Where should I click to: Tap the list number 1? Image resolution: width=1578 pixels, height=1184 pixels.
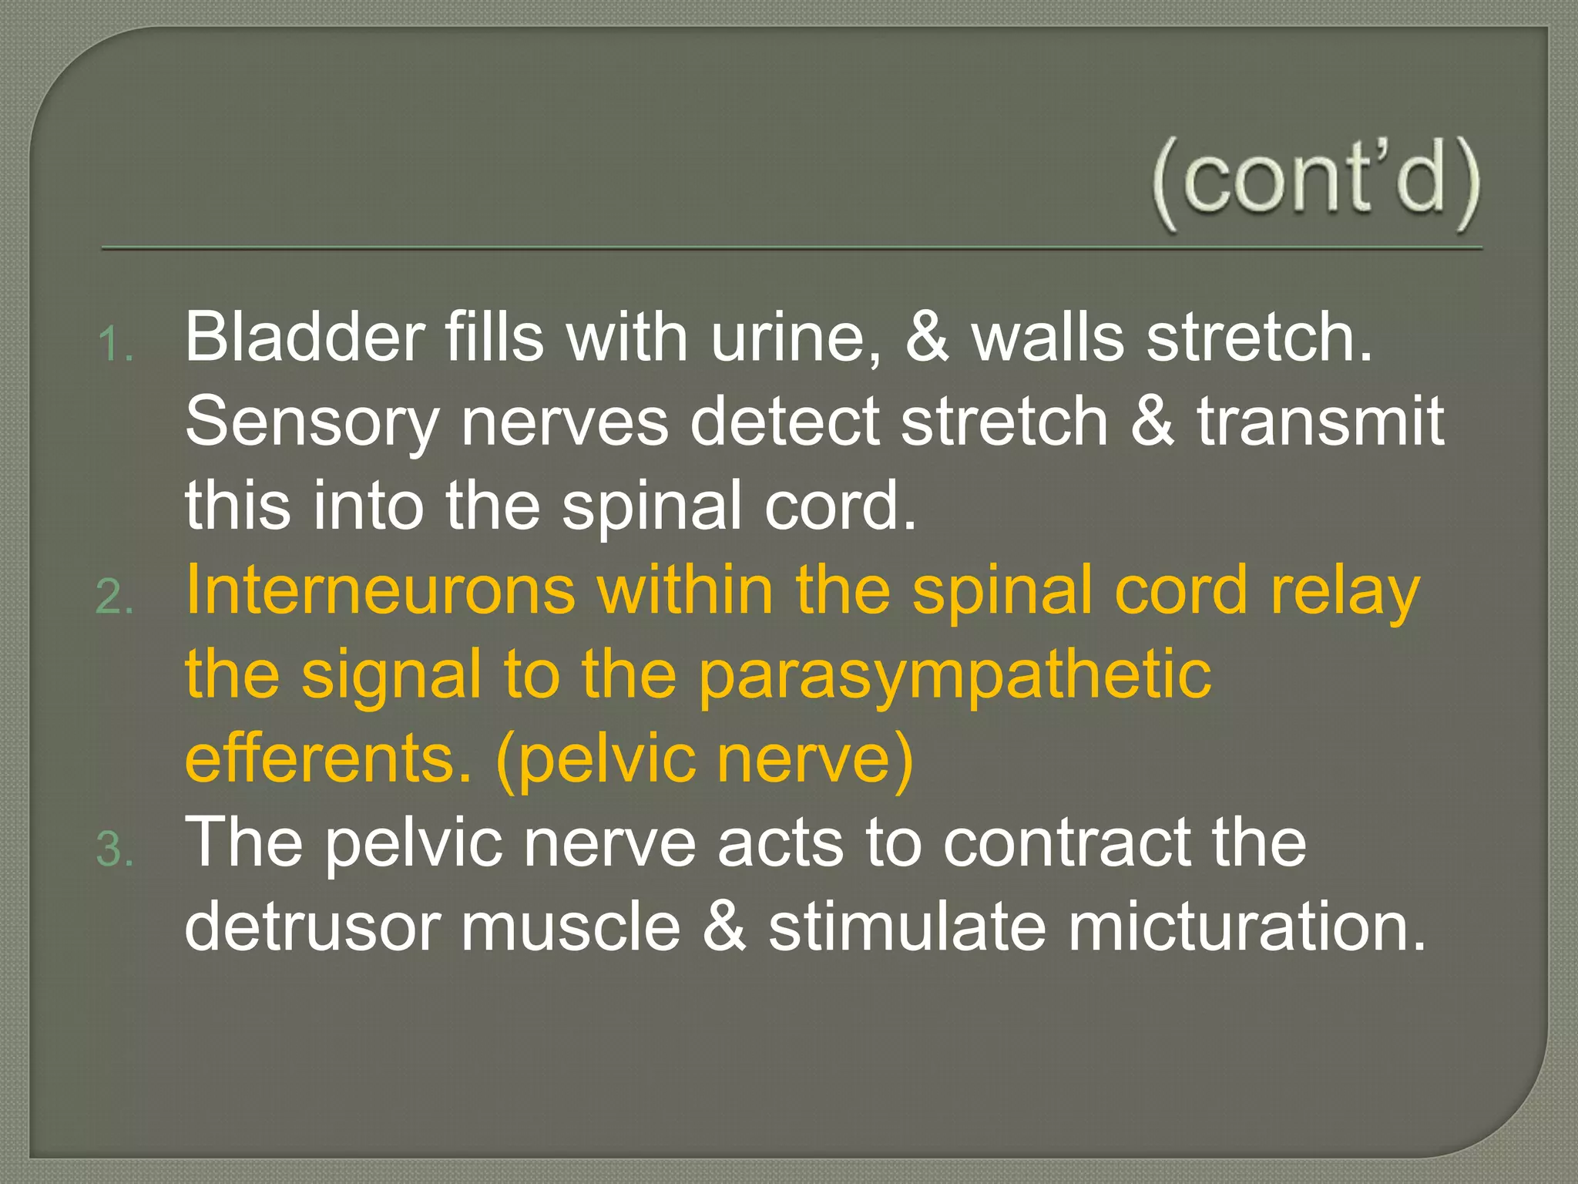point(115,344)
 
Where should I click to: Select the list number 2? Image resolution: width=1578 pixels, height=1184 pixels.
point(115,597)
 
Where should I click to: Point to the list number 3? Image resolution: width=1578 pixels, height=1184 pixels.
point(115,850)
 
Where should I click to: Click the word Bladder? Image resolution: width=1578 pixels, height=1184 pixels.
point(304,337)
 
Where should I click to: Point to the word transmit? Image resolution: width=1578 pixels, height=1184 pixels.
point(1320,422)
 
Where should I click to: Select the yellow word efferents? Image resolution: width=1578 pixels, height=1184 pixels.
point(328,758)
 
